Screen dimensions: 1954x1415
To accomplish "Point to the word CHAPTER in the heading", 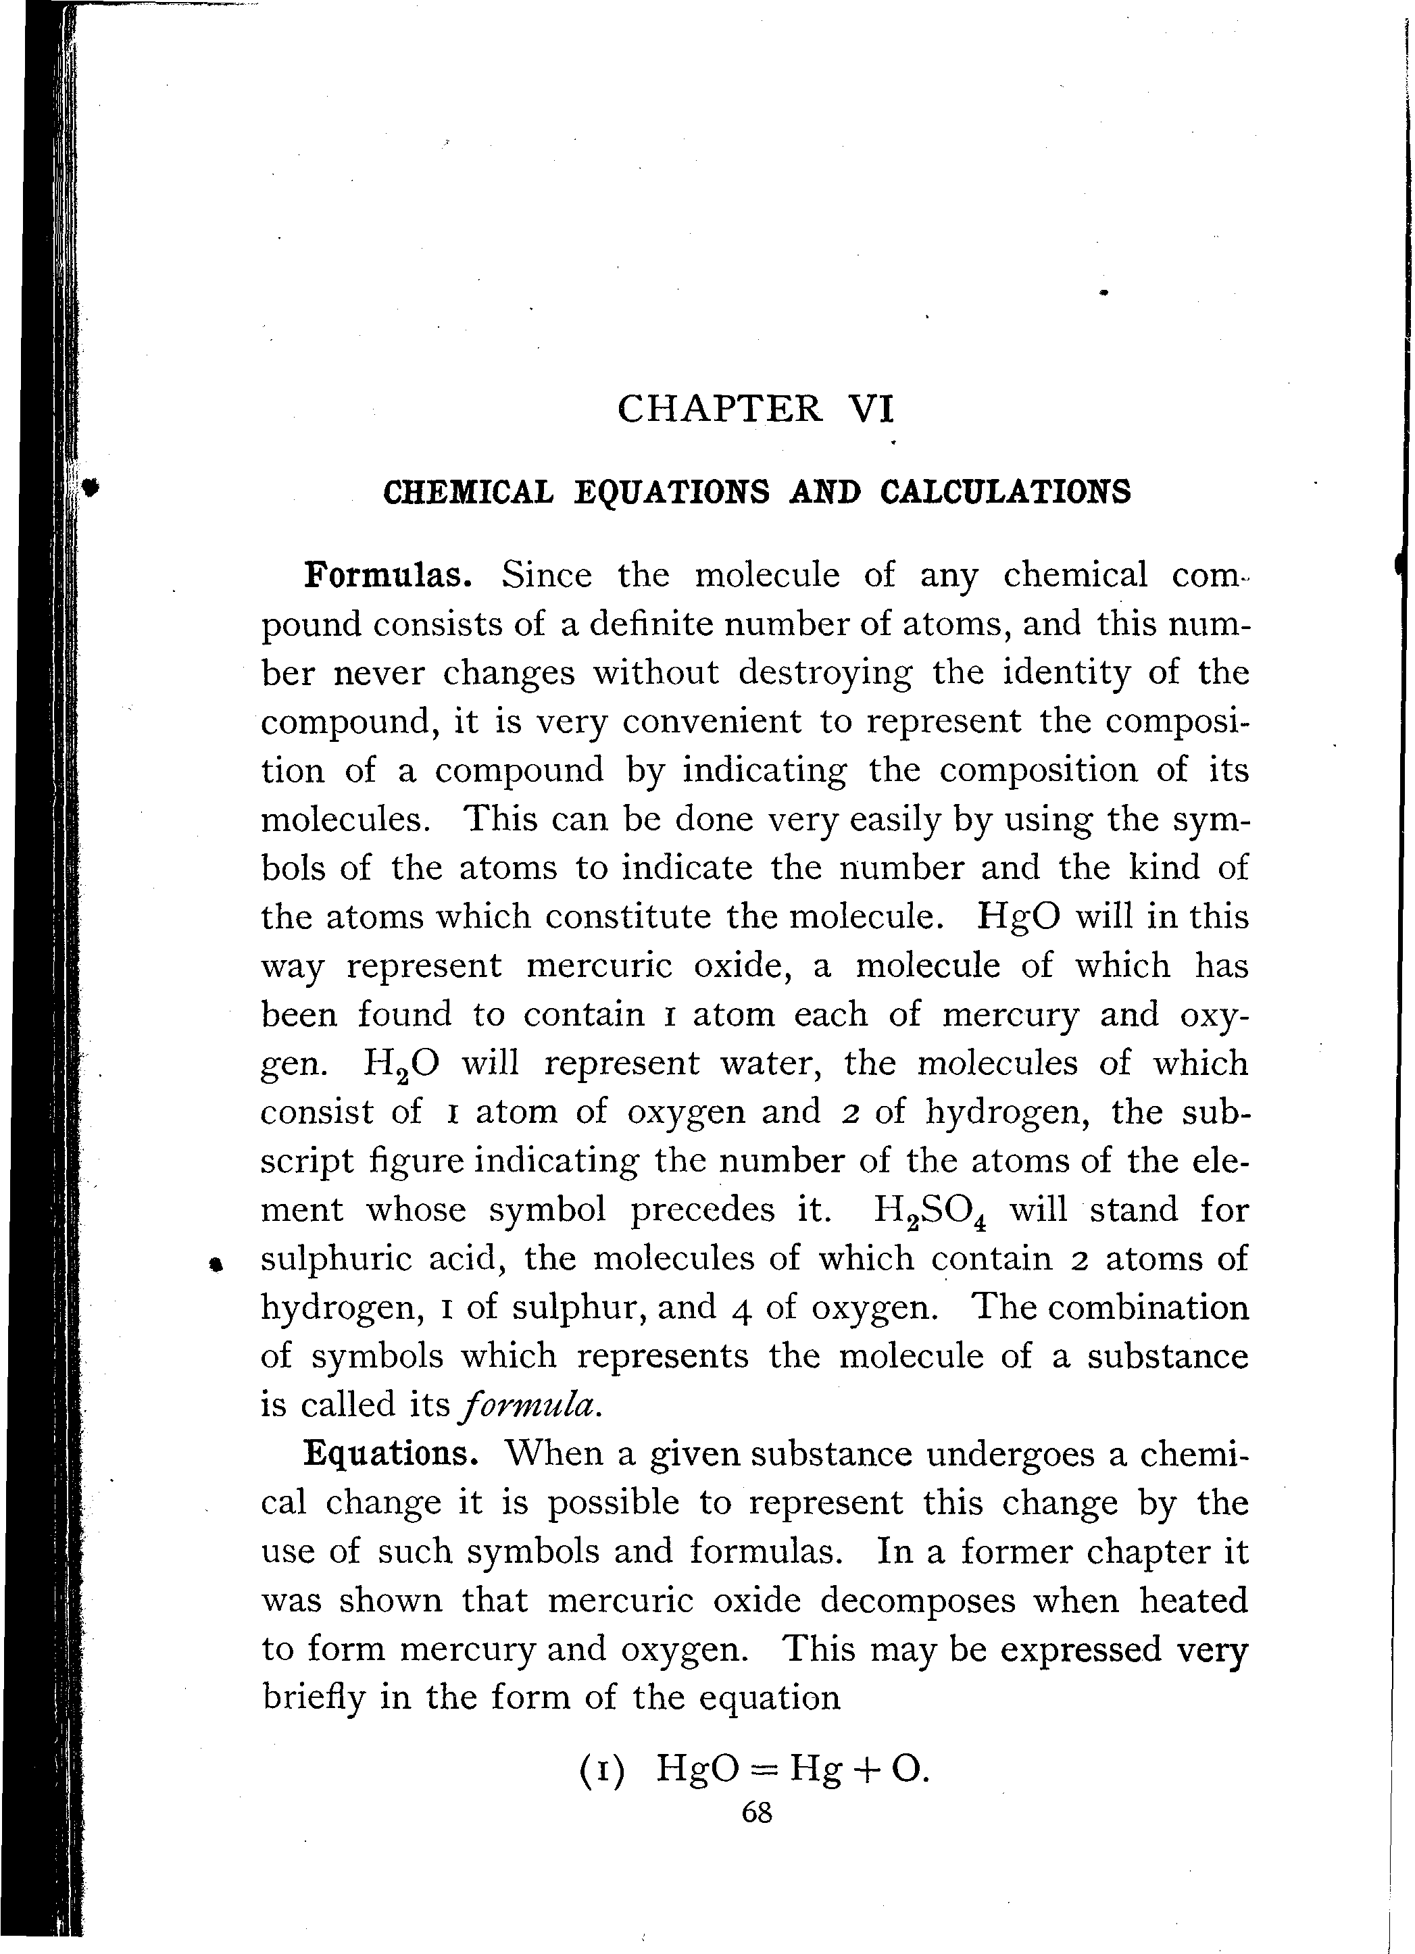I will pos(720,408).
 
